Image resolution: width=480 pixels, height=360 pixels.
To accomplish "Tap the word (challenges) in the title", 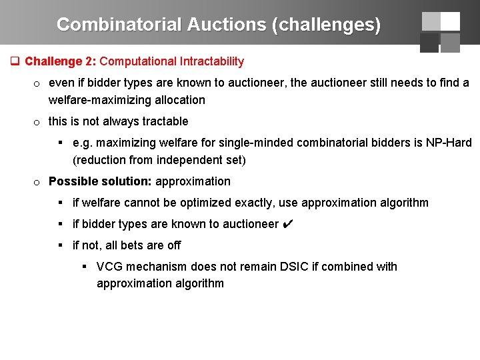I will tap(326, 25).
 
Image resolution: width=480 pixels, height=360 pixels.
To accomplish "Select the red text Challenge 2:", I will tap(61, 61).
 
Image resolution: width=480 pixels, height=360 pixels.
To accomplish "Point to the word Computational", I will tap(137, 61).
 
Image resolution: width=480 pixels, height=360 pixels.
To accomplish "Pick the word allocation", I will tap(181, 100).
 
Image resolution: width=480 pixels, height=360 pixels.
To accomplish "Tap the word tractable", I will tap(164, 121).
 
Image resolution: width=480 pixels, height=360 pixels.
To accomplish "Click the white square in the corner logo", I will tap(450, 21).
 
